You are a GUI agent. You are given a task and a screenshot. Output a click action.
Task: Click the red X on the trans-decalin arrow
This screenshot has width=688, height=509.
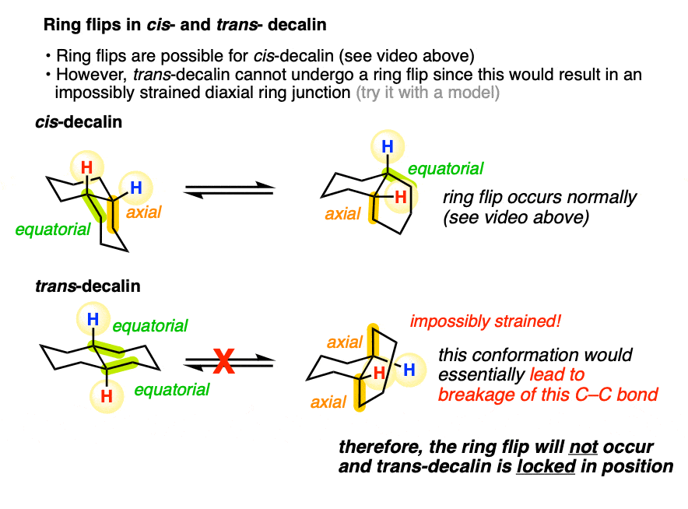point(224,362)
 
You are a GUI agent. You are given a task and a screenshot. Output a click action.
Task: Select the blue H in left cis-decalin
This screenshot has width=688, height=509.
point(135,188)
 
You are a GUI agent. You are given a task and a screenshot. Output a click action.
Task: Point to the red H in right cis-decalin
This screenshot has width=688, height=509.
point(401,198)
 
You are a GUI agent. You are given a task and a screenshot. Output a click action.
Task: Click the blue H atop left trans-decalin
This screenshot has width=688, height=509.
point(93,318)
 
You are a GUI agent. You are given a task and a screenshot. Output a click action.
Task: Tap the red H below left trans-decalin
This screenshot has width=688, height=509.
point(107,397)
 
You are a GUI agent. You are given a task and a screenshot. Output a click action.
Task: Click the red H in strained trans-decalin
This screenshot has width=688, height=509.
point(379,374)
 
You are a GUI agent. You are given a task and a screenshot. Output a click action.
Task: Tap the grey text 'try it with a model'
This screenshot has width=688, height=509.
point(427,92)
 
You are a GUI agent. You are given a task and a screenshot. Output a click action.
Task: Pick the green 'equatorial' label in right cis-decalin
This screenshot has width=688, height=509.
point(446,169)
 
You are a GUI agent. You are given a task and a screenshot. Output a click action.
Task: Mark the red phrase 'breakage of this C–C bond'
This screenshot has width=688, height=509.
point(548,395)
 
